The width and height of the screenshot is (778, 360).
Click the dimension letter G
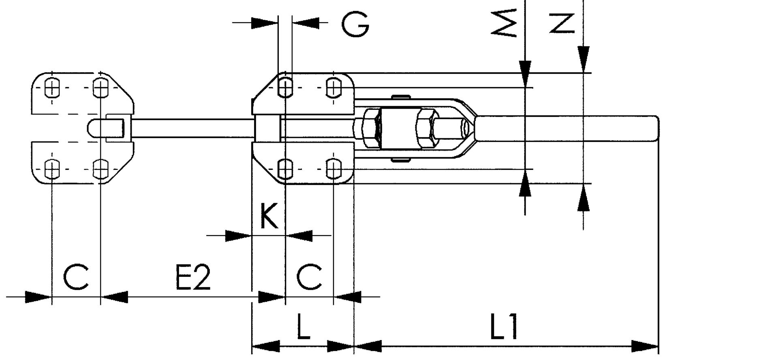click(355, 24)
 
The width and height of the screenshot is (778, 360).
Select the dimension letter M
click(504, 24)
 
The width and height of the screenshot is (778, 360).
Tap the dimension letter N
click(562, 24)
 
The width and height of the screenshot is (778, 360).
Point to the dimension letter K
click(268, 216)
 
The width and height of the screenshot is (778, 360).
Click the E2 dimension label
click(193, 278)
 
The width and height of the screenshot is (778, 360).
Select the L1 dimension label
click(504, 326)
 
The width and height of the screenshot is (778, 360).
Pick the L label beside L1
click(303, 326)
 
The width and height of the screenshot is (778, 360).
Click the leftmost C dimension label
click(76, 278)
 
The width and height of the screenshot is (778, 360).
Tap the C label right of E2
click(309, 278)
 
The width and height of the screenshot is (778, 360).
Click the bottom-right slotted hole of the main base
click(333, 169)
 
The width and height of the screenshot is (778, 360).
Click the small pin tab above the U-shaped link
click(401, 97)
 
